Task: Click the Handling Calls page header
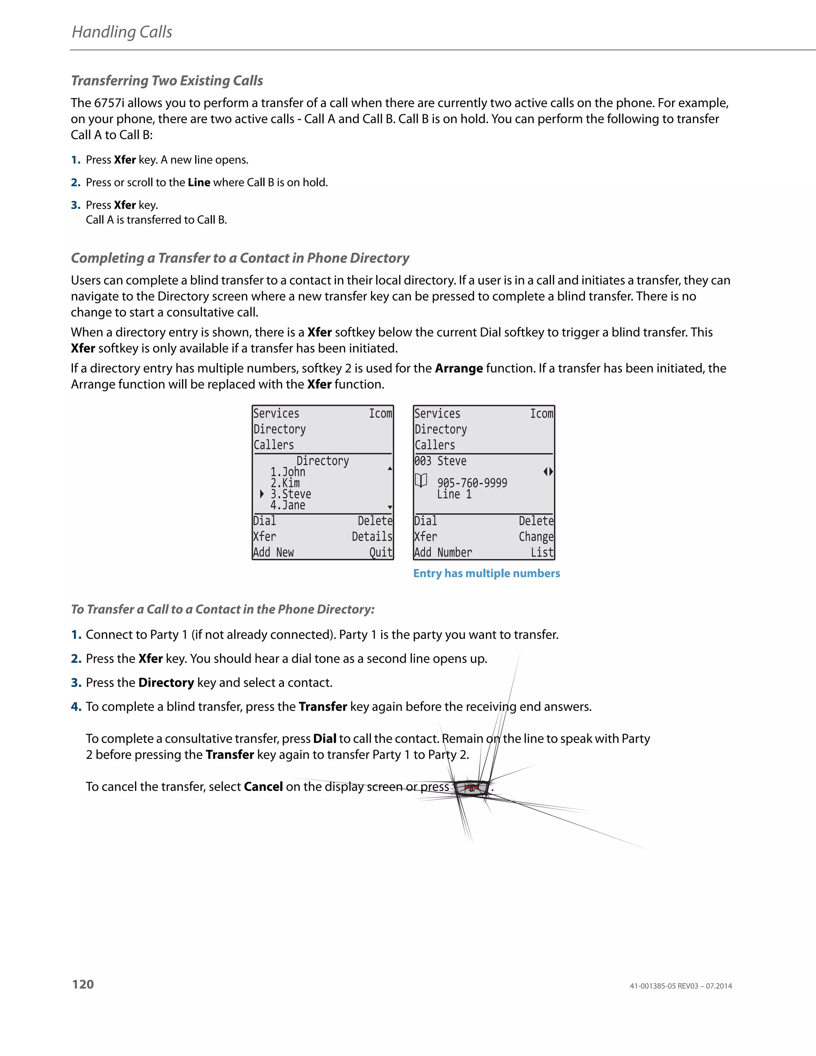[122, 32]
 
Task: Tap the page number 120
[82, 984]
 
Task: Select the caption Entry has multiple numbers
[486, 573]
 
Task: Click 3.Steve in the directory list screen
[290, 494]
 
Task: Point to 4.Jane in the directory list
[288, 505]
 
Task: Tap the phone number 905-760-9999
[472, 483]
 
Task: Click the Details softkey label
[372, 537]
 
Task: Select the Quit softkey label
[381, 553]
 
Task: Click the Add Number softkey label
[443, 553]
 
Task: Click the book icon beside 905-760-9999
[421, 481]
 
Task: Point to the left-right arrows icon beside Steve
[548, 471]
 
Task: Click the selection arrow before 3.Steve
[261, 494]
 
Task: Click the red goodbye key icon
[471, 788]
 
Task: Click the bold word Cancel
[263, 787]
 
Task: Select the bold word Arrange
[458, 369]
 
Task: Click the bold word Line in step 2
[199, 182]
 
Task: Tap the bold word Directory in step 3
[166, 683]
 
